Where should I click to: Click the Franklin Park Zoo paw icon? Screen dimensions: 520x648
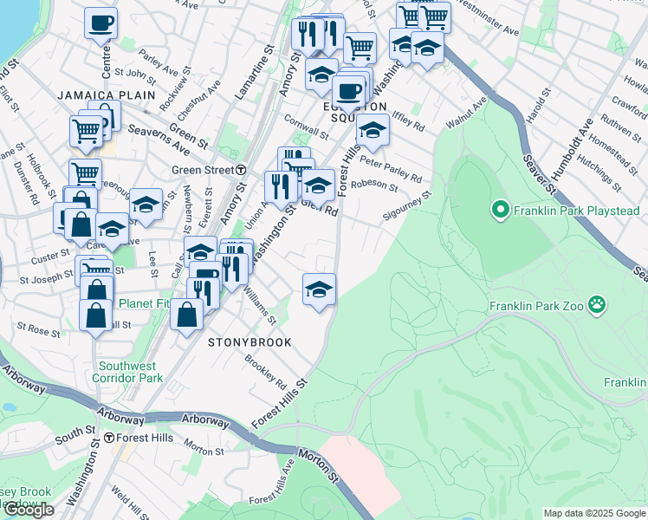click(596, 304)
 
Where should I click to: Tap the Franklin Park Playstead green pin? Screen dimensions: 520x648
click(499, 210)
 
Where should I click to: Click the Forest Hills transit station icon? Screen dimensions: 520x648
click(109, 439)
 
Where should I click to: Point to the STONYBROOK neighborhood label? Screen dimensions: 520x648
click(249, 342)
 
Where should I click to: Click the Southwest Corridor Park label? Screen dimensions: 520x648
click(130, 372)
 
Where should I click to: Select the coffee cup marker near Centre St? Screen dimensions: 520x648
click(101, 23)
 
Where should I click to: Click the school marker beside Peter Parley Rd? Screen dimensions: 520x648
click(373, 131)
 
